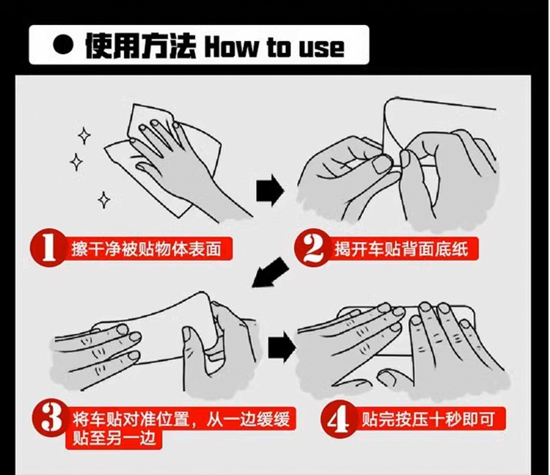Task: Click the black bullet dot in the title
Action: click(x=64, y=46)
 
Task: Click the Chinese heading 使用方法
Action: click(x=140, y=46)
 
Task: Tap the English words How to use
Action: click(x=274, y=47)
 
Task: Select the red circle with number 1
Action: click(x=48, y=248)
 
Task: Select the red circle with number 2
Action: click(x=312, y=248)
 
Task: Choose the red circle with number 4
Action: click(x=340, y=419)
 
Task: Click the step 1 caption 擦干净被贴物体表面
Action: click(x=146, y=249)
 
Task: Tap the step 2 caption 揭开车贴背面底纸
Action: click(x=401, y=249)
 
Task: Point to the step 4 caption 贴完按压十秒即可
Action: click(x=428, y=419)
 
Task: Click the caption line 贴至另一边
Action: click(x=114, y=439)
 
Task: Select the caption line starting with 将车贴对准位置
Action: click(x=181, y=419)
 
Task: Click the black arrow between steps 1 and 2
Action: click(x=269, y=191)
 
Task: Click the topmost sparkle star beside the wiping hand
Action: click(x=84, y=136)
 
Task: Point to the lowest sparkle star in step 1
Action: click(x=103, y=200)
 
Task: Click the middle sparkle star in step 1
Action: click(x=76, y=162)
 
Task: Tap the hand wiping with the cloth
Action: click(x=183, y=165)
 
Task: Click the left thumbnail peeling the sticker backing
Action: click(x=381, y=164)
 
